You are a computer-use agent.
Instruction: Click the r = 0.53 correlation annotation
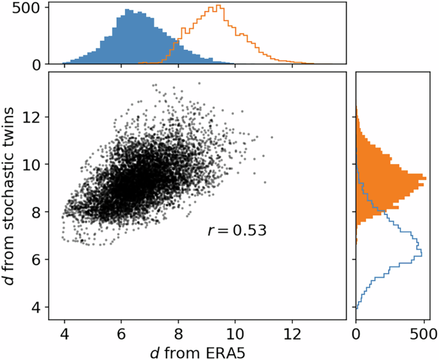tap(236, 230)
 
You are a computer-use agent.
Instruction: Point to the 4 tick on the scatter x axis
tap(64, 334)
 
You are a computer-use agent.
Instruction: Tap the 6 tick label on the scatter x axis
tap(121, 334)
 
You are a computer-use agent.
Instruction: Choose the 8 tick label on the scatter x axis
tap(178, 334)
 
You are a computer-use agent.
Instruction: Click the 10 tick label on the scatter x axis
tap(235, 334)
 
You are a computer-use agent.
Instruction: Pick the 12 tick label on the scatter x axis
tap(292, 334)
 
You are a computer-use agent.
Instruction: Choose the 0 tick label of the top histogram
tap(37, 65)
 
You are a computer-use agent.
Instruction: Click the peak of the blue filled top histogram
tap(128, 10)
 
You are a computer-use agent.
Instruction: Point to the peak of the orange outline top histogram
tap(219, 6)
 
